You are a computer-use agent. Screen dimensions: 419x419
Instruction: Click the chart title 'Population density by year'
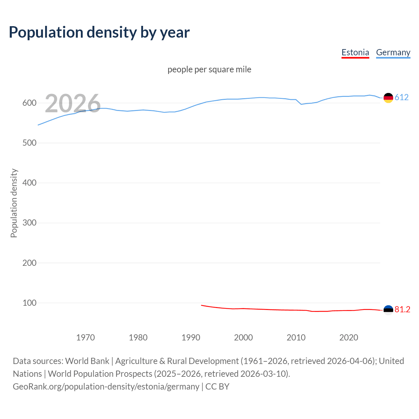click(x=99, y=32)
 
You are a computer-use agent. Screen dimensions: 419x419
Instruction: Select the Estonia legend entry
click(x=355, y=52)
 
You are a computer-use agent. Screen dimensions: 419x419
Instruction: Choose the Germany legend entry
click(x=393, y=52)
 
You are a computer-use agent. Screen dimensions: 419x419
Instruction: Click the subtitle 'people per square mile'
click(x=209, y=69)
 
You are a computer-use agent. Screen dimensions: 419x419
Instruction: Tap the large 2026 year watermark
click(x=73, y=103)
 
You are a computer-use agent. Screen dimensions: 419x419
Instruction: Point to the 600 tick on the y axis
click(x=29, y=103)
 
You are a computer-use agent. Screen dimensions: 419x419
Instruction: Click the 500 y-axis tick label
click(x=29, y=143)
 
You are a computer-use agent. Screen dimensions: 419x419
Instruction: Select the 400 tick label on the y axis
click(x=29, y=183)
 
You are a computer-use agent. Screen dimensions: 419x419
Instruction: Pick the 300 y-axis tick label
click(x=29, y=223)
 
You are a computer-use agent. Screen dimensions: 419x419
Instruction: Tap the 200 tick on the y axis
click(x=29, y=263)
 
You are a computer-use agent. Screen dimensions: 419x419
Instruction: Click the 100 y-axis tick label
click(x=29, y=303)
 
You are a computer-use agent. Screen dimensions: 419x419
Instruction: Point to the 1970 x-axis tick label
click(x=85, y=337)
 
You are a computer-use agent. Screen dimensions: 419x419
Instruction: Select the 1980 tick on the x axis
click(x=138, y=337)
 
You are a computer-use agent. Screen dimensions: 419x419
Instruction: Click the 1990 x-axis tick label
click(x=191, y=337)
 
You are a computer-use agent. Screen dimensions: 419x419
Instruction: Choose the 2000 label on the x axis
click(x=243, y=337)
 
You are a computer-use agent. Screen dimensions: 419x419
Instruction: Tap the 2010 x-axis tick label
click(x=296, y=337)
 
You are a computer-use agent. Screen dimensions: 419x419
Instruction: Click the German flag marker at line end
click(x=388, y=98)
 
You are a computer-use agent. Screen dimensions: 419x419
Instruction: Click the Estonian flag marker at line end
click(x=388, y=310)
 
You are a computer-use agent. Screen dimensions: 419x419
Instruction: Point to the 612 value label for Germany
click(x=402, y=97)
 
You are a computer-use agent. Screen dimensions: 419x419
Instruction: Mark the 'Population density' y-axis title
click(x=14, y=203)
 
